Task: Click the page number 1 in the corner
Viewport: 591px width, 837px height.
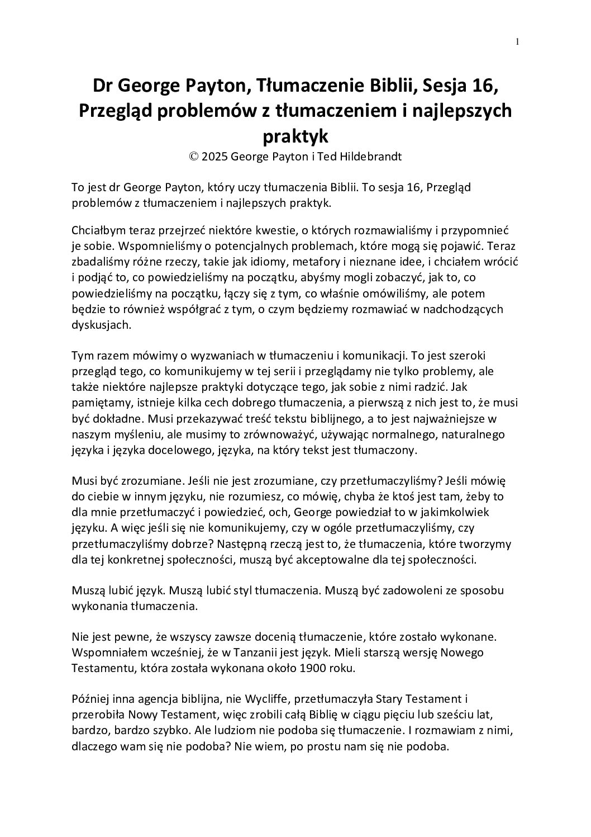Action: click(517, 41)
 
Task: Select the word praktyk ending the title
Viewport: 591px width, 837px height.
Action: click(294, 135)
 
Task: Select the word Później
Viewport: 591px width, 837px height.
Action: click(91, 699)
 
